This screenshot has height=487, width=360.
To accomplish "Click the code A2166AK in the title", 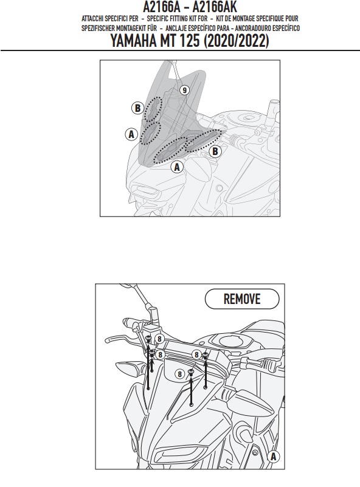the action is point(215,7).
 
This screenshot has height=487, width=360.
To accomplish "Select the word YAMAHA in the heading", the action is point(134,41).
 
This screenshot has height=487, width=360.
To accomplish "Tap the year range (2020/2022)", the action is point(237,41).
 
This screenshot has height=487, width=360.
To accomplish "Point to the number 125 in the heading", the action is point(189,41).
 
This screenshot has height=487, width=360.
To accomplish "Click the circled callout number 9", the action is point(184,90).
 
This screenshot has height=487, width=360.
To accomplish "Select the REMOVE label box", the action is point(242,299).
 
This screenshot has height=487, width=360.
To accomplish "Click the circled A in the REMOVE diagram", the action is point(273,457).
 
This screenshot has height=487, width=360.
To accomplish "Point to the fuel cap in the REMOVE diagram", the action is point(231,340).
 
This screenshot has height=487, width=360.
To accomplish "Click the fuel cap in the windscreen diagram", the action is point(247,117).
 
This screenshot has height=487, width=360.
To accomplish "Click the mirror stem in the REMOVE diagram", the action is point(143,295).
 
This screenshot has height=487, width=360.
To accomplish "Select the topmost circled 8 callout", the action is point(159,339).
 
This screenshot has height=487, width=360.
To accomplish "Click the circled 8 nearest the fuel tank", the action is point(196,354).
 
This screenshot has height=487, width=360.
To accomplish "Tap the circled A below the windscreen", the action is point(177,167).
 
